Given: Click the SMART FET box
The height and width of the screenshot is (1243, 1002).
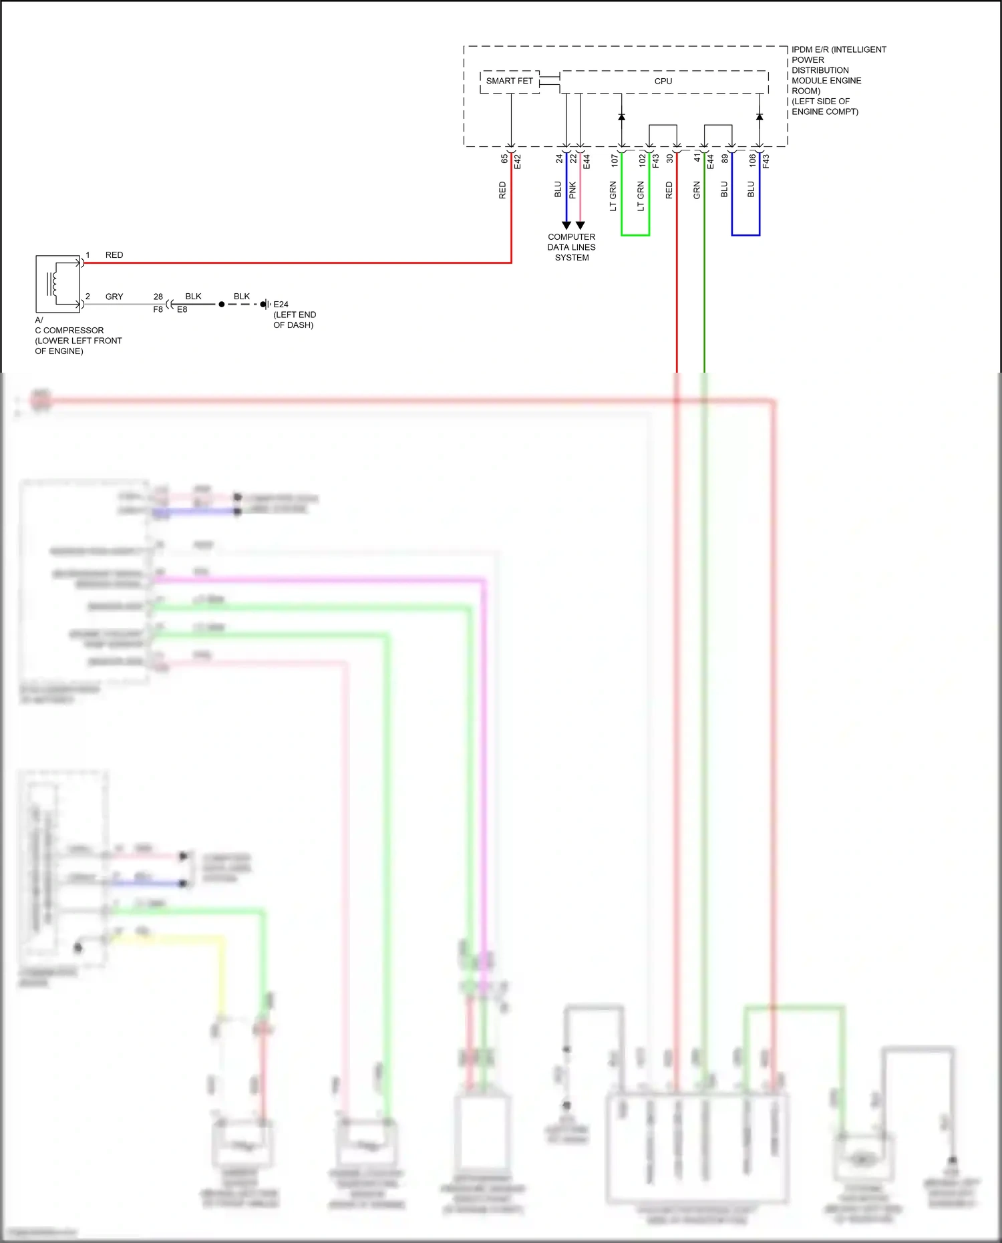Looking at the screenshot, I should (x=510, y=81).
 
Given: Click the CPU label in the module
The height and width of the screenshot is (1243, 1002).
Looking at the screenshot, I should (x=663, y=81).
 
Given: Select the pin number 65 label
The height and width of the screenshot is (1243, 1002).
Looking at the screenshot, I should (x=504, y=159).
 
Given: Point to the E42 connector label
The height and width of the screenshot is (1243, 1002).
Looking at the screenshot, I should (x=518, y=161).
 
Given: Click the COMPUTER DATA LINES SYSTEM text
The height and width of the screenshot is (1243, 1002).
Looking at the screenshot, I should (x=571, y=247).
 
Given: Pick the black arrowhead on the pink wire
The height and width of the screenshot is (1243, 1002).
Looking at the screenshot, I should (x=580, y=226).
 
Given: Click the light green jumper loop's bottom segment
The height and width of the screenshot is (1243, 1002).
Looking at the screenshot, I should (x=635, y=235).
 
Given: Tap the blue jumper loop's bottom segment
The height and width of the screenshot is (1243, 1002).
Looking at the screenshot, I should (x=745, y=235).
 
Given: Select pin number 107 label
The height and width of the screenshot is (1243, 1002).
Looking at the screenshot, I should (x=615, y=160).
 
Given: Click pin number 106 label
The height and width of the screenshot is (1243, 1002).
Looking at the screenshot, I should (x=752, y=160).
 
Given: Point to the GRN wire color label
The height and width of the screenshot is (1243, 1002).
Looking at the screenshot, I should (x=697, y=190).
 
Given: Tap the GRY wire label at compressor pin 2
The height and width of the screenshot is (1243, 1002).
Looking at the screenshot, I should (x=114, y=297).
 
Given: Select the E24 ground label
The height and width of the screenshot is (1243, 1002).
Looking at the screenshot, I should (x=281, y=305).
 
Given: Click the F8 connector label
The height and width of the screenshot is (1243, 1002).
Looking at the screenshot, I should (x=158, y=310).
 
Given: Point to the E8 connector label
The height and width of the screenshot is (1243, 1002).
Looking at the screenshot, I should (x=182, y=310).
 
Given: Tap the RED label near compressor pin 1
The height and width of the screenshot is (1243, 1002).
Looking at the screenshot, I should (x=114, y=255).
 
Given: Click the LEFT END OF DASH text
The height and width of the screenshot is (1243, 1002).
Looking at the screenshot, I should (x=294, y=320).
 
